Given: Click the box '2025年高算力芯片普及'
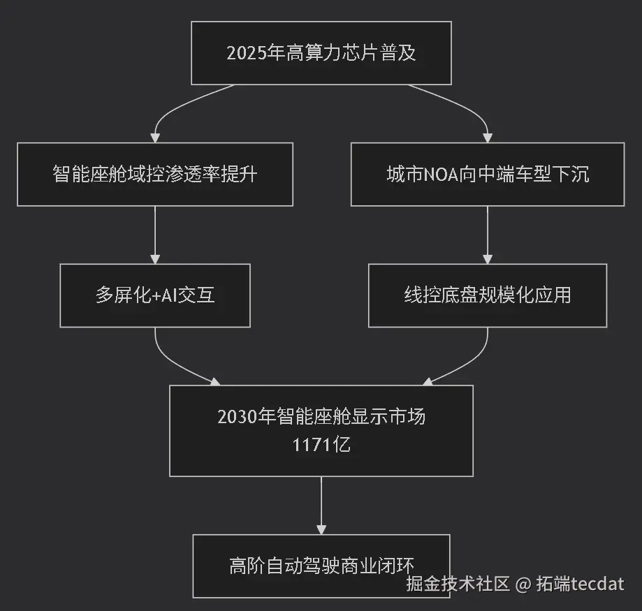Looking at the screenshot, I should point(321,53).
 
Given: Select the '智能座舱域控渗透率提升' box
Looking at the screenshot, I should point(155,174).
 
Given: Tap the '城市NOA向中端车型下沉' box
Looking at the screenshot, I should point(488,174).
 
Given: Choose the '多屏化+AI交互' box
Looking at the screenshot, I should point(155,295).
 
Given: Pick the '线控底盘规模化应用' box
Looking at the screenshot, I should point(488,295).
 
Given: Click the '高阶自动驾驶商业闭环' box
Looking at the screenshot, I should point(321,565).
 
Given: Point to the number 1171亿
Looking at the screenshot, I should point(321,444).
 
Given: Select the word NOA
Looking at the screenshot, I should point(440,174).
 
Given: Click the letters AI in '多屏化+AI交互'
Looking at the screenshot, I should point(170,295).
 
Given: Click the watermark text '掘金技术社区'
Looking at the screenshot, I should point(458,584).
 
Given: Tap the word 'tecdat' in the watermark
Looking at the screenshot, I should point(597,584).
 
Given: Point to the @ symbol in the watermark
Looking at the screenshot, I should point(523,584).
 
